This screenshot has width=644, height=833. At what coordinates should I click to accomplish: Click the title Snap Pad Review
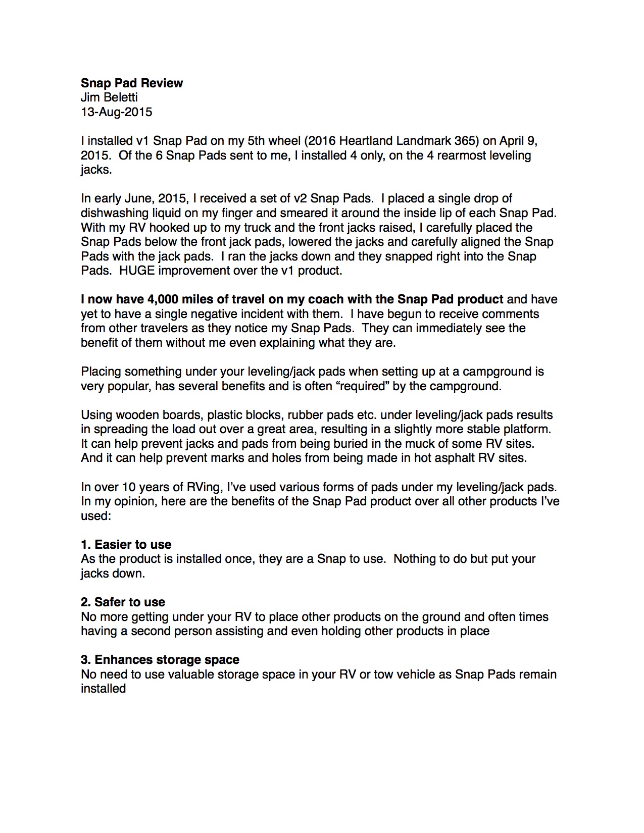point(132,83)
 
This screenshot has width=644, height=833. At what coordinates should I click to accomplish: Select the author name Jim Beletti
point(109,97)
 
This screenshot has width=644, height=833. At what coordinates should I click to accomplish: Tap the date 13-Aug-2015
point(116,112)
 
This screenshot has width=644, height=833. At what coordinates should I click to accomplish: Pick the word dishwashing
point(113,213)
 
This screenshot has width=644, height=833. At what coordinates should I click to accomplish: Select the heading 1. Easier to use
point(126,545)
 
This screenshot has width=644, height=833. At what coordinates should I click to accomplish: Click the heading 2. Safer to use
point(123,602)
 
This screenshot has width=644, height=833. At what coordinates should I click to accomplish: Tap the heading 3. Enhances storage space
point(160,660)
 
